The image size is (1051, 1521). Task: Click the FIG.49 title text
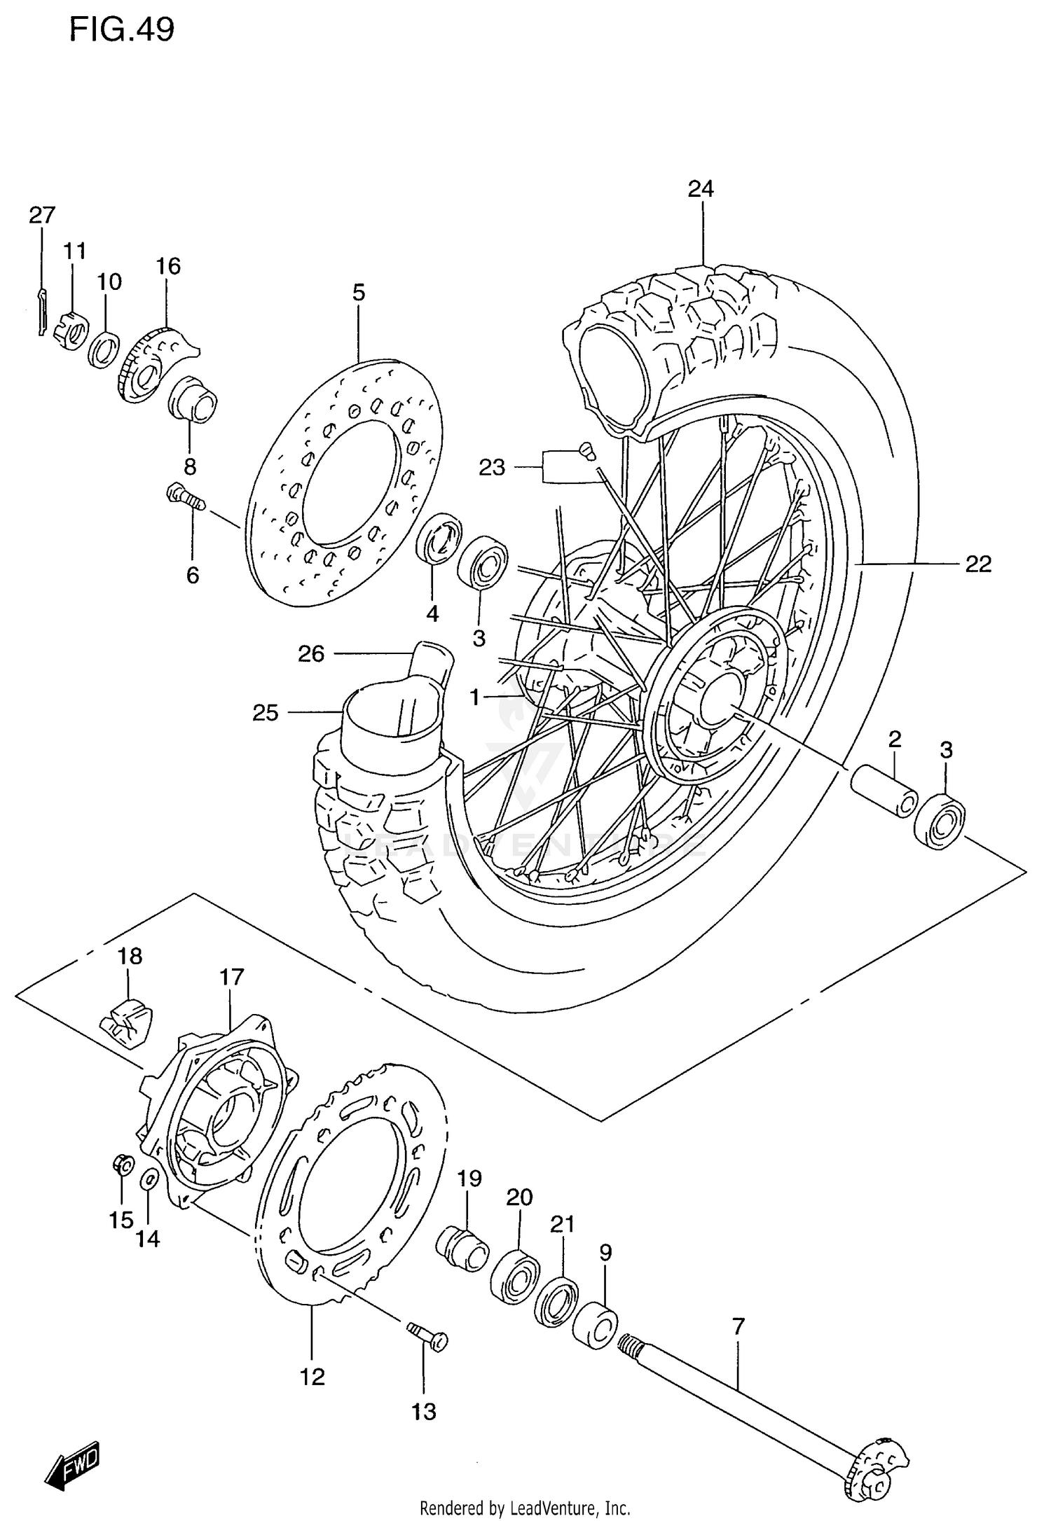tap(121, 30)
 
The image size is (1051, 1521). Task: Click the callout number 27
tap(42, 215)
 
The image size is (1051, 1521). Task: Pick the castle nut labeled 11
tap(72, 328)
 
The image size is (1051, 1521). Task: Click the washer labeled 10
tap(104, 349)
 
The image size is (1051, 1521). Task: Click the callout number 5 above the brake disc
tap(359, 292)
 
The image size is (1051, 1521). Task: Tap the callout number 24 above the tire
tap(701, 189)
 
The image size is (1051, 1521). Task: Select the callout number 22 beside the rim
tap(978, 563)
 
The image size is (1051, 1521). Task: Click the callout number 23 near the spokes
tap(492, 467)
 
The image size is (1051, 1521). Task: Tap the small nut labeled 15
tap(121, 1165)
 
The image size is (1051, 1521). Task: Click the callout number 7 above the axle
tap(738, 1326)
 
